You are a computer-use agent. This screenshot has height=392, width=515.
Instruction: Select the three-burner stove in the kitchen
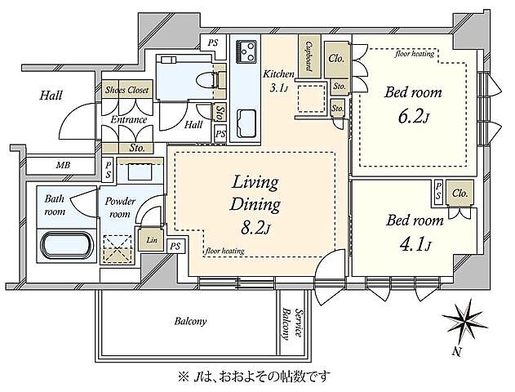(x=246, y=51)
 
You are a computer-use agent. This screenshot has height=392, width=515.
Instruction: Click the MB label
(x=63, y=165)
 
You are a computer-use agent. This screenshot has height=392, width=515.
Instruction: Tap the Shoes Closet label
(x=127, y=90)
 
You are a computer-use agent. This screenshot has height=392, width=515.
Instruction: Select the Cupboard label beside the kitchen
(x=309, y=56)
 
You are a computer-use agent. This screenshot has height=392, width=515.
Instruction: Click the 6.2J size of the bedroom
(x=414, y=116)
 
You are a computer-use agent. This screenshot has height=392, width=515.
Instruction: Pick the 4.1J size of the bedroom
(x=415, y=244)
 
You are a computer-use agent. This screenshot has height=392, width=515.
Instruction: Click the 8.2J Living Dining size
(x=255, y=227)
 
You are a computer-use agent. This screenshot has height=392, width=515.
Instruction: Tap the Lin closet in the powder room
(x=152, y=240)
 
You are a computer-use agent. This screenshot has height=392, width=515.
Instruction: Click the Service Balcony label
(x=291, y=324)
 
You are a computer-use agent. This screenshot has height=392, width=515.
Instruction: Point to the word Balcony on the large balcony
(x=190, y=321)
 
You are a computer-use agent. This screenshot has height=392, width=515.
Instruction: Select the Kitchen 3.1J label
(x=278, y=80)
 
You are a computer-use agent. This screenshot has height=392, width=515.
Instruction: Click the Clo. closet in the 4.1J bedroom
(x=460, y=194)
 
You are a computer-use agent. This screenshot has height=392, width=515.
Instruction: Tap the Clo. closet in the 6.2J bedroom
(x=336, y=59)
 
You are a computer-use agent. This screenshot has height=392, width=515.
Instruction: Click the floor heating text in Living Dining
(x=225, y=252)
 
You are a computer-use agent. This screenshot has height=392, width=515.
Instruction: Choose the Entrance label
(x=129, y=119)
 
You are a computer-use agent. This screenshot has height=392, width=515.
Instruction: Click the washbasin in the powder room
(x=140, y=171)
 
